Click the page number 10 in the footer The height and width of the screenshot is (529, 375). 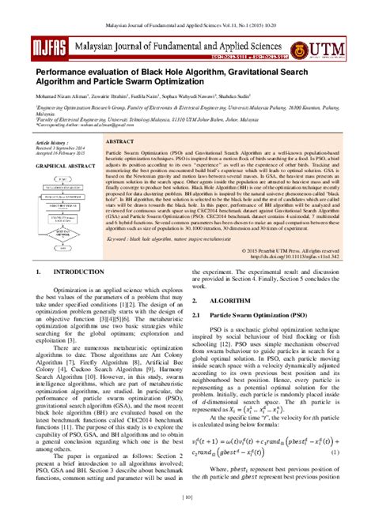[187, 519]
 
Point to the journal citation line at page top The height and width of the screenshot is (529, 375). [187, 7]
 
